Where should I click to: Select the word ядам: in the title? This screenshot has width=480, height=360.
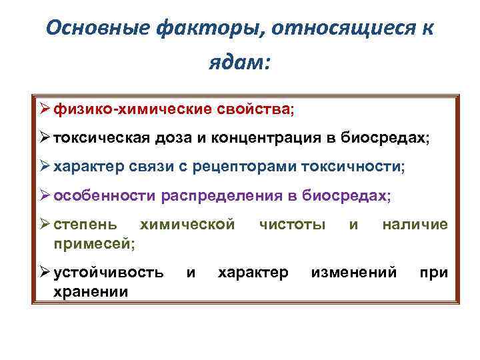[239, 64]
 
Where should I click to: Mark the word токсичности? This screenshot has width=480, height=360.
[353, 167]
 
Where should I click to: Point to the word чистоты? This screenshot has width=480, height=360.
[292, 225]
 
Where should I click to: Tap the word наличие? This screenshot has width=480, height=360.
[415, 225]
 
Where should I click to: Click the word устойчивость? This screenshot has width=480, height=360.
[108, 273]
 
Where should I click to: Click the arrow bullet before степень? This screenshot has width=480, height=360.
[44, 225]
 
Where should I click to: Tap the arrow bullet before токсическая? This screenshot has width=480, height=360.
[44, 137]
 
